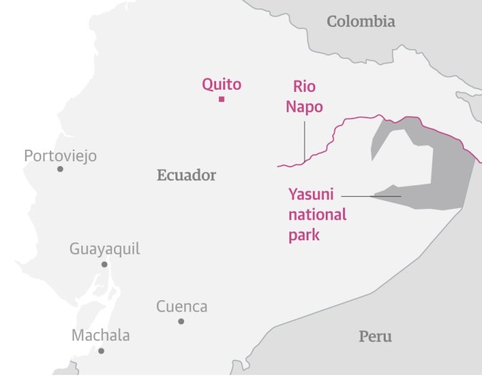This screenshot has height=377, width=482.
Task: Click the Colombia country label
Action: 361,21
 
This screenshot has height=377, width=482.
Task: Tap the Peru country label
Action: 374,336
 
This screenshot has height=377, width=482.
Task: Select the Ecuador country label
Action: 186,175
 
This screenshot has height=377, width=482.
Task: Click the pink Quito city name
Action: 221,84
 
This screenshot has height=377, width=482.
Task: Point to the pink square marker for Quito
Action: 222,99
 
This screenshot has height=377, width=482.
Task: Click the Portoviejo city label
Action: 60,155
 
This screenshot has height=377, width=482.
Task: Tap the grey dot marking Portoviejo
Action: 61,169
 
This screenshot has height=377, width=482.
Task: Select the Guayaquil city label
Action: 104,249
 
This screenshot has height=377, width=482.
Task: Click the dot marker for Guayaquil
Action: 104,264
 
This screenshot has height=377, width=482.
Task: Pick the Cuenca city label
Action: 182,306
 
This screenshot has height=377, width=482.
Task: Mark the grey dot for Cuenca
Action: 181,321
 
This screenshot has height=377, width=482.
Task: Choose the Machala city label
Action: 101,336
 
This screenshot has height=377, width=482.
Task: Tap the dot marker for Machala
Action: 101,351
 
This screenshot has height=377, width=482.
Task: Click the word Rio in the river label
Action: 304,87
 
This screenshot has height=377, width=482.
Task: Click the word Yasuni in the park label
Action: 311,194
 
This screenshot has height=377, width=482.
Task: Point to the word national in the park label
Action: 317,214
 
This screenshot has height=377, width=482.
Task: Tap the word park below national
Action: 304,234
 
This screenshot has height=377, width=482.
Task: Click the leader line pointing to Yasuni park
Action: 371,195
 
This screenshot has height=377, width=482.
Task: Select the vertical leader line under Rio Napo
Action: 304,141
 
